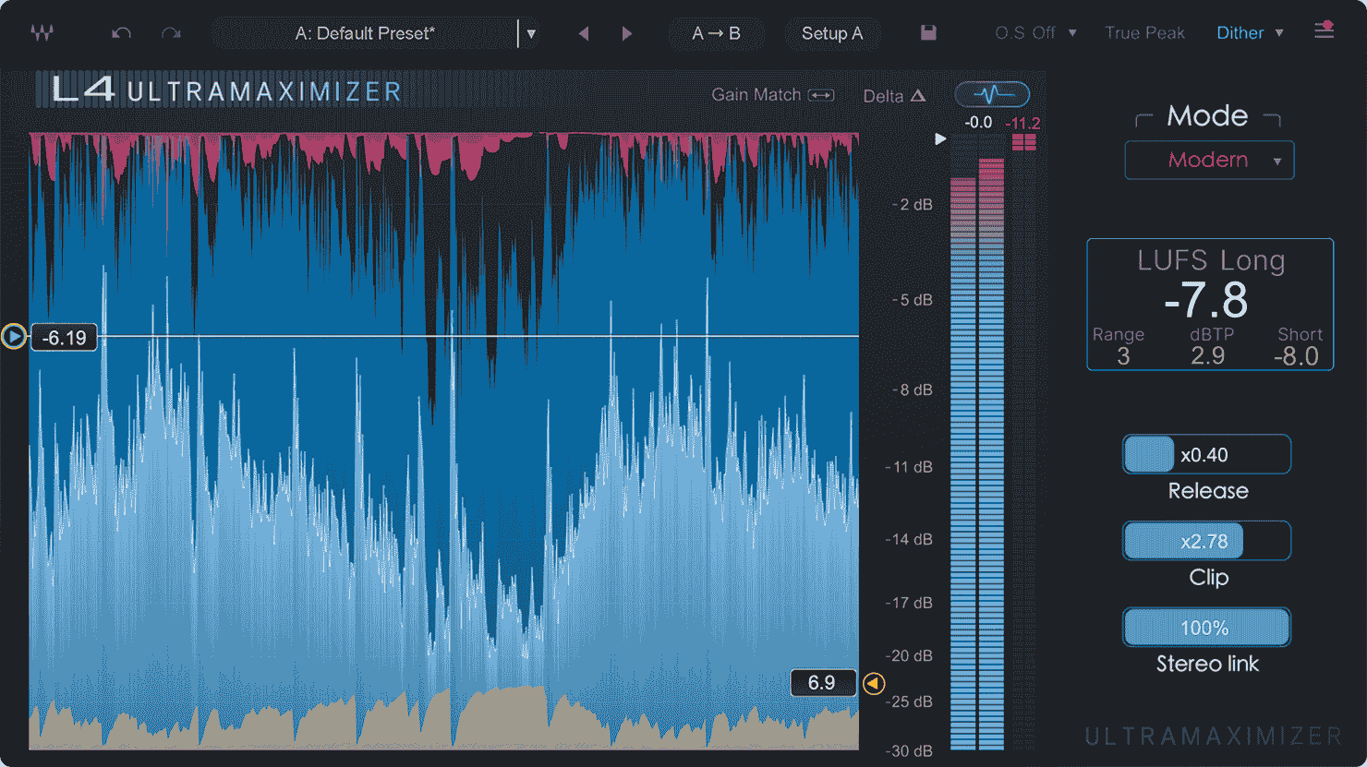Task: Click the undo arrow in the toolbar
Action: (121, 33)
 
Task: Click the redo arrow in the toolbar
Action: (171, 33)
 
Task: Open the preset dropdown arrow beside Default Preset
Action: (531, 34)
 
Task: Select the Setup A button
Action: (831, 33)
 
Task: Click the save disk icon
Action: (928, 33)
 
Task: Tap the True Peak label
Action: (1144, 33)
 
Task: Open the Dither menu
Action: (1249, 33)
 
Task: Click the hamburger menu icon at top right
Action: (1324, 30)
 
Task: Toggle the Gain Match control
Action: (772, 94)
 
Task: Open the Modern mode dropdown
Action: (1208, 160)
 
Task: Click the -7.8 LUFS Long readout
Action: (1206, 300)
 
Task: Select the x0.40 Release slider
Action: (1205, 454)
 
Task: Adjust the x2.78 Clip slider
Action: (1205, 541)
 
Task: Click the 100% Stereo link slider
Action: (1205, 628)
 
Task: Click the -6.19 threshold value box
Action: (65, 338)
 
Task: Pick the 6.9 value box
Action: (822, 683)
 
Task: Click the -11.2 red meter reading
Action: (1023, 123)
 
